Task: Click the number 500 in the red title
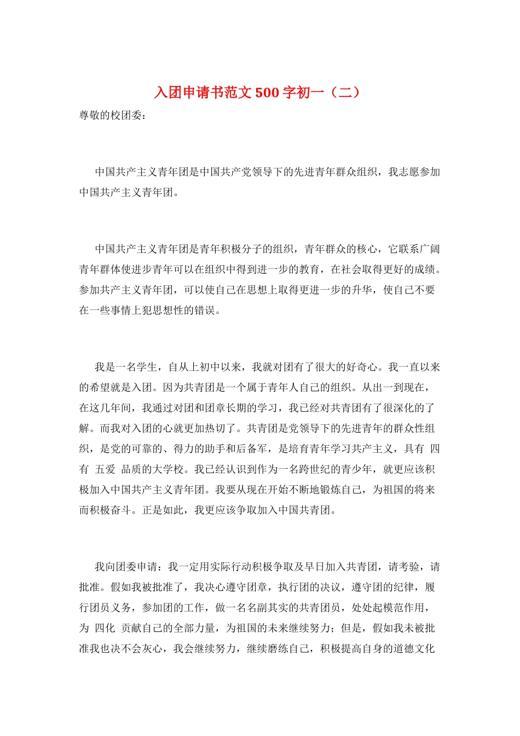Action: point(267,93)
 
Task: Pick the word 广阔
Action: point(430,249)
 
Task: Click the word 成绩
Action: point(424,269)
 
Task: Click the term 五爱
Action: point(105,469)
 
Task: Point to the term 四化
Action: point(105,628)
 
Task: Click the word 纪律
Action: point(403,588)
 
